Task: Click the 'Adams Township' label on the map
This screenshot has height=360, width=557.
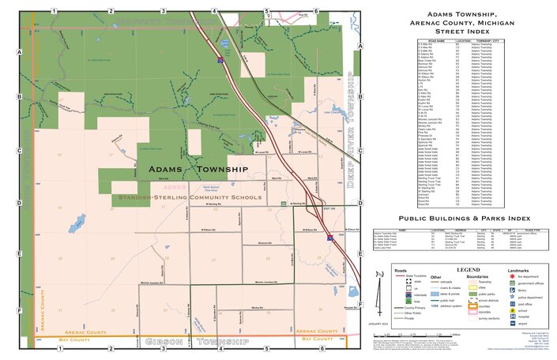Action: [x=198, y=170]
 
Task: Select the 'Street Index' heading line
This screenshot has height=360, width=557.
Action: [x=462, y=32]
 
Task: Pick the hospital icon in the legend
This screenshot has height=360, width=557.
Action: [x=512, y=317]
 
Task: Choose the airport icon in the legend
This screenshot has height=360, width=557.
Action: [x=512, y=324]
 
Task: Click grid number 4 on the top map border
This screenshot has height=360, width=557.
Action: [x=214, y=11]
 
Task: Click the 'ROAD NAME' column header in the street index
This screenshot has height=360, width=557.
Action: [x=437, y=39]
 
